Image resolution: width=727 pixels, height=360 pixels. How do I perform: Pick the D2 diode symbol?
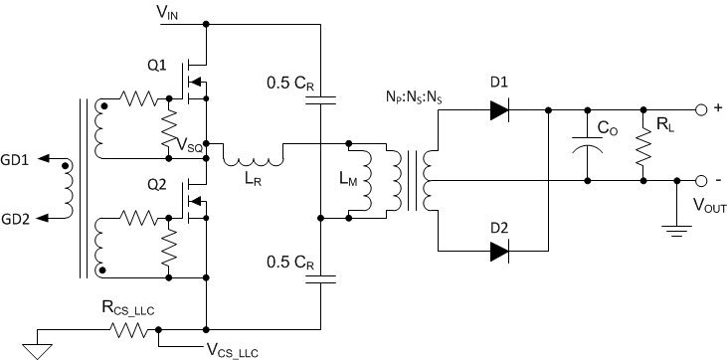[x=500, y=252]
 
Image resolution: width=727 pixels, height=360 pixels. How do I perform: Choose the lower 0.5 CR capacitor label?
[x=293, y=263]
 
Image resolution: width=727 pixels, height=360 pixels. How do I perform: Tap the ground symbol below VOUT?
[x=676, y=232]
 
